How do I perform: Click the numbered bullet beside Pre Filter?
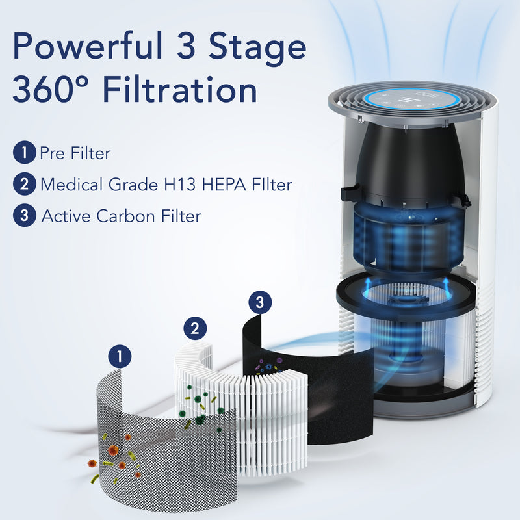point(24,153)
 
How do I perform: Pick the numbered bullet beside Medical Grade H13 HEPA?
point(24,185)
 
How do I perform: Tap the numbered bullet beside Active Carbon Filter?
point(24,216)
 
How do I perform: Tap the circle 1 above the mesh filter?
point(120,356)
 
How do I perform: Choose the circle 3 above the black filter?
point(259,302)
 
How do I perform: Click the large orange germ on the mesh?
point(113,450)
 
